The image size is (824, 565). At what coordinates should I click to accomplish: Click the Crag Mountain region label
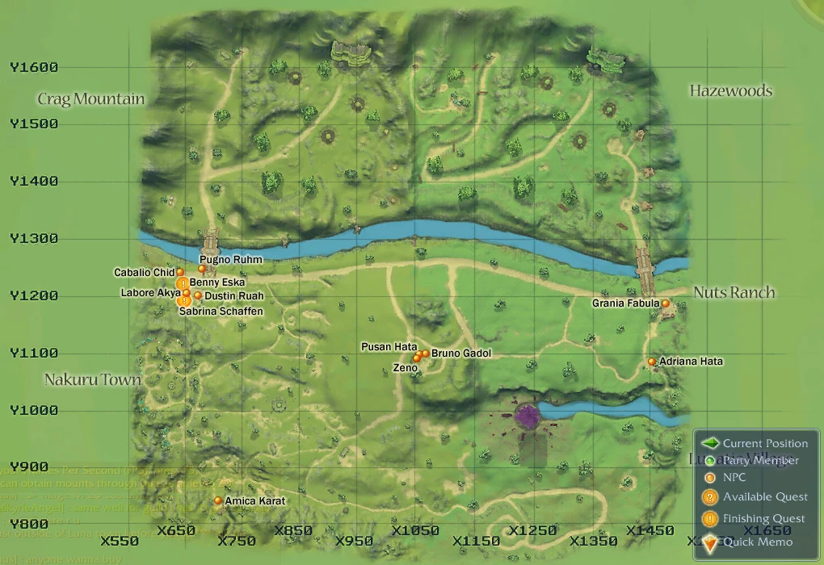click(x=91, y=99)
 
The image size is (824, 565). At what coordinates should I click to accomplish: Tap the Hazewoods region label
click(x=730, y=90)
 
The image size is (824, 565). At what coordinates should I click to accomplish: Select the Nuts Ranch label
click(x=734, y=292)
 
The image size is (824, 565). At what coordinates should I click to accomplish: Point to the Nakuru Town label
click(x=93, y=379)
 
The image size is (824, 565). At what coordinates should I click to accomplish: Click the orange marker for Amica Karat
click(x=218, y=500)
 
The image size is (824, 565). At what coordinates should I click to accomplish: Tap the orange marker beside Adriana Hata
click(x=652, y=362)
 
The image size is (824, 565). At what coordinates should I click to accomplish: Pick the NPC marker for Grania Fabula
click(x=666, y=303)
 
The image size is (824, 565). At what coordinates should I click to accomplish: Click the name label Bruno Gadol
click(x=460, y=354)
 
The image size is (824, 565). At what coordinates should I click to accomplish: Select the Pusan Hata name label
click(x=389, y=347)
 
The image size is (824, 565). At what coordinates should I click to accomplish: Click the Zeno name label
click(x=405, y=368)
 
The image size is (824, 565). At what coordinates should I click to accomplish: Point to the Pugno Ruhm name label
click(x=230, y=260)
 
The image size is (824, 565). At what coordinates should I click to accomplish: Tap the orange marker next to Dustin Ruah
click(x=198, y=295)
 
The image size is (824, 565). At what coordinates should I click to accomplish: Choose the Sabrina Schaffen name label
click(x=221, y=311)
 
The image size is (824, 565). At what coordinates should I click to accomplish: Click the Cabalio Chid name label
click(x=144, y=273)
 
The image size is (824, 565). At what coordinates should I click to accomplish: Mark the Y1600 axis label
click(x=34, y=68)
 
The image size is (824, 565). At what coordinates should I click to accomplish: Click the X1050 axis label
click(x=414, y=531)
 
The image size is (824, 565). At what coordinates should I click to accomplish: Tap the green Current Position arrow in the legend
click(x=710, y=443)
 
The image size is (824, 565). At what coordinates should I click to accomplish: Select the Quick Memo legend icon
click(x=710, y=543)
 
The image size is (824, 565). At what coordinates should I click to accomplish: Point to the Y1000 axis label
click(x=34, y=410)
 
